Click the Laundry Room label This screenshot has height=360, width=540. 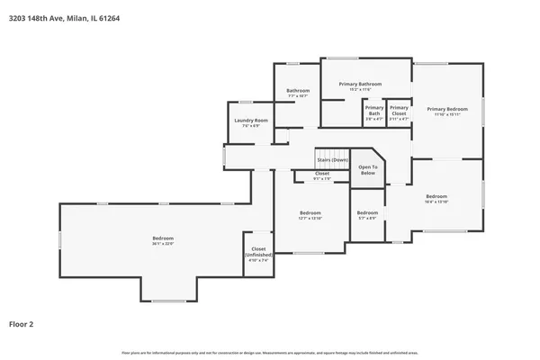251,120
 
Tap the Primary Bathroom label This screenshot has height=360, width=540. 360,84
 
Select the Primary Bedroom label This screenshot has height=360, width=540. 447,109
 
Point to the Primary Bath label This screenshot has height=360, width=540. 374,112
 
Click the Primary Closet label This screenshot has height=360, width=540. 399,112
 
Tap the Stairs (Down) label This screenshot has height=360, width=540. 332,160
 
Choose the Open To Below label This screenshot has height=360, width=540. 367,169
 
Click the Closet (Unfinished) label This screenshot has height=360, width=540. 258,251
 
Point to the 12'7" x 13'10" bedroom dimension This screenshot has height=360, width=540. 310,218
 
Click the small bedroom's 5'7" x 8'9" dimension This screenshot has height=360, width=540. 367,218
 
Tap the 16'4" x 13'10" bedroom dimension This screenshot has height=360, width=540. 436,202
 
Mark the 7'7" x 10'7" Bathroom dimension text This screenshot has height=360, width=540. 298,95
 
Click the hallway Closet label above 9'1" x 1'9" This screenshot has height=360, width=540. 321,173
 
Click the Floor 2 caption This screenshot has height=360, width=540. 22,323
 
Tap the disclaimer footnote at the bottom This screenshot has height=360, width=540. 269,352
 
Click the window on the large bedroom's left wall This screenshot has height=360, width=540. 60,240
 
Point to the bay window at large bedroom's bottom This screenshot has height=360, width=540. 168,301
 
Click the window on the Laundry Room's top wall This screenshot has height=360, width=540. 246,102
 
